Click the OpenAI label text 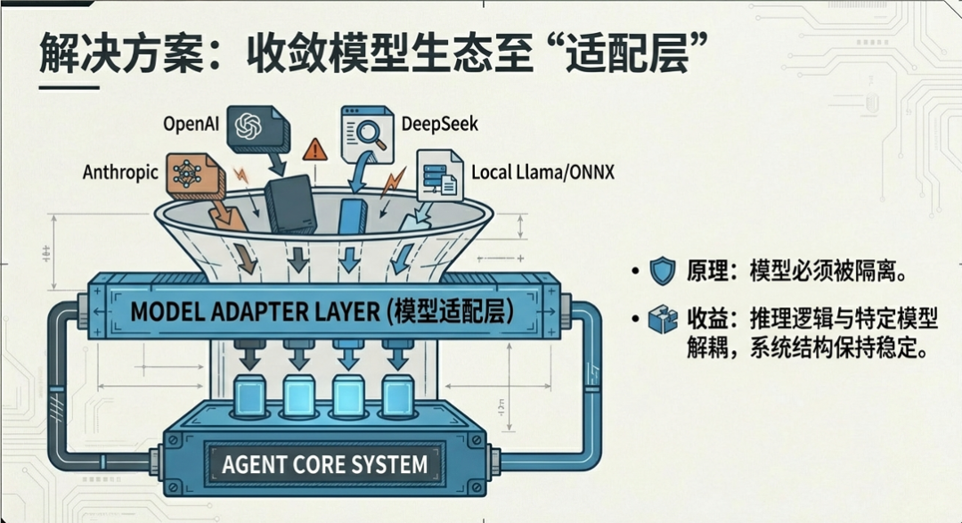click(192, 123)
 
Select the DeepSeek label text click(440, 123)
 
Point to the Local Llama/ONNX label click(542, 171)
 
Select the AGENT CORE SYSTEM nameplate click(325, 464)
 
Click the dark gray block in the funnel click(289, 205)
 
